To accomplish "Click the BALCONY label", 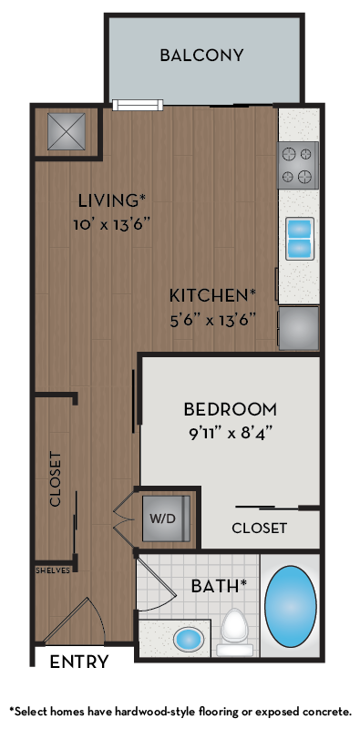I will pos(201,56).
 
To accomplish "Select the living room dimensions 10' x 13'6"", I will pos(111,223).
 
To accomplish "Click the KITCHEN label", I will pos(211,295).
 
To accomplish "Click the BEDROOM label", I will pos(230,409).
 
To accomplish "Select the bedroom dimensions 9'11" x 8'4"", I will pos(230,432).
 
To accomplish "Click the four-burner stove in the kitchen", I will pos(298,165).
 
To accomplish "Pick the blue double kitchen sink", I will pos(300,238).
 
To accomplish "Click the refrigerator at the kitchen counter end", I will pos(299,328).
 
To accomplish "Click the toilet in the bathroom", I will pos(235,629).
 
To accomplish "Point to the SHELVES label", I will pos(53,570).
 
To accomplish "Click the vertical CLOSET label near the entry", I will pos(55,479).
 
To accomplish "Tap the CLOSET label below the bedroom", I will pos(259,528).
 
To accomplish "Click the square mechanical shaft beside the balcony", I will pos(67,132).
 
